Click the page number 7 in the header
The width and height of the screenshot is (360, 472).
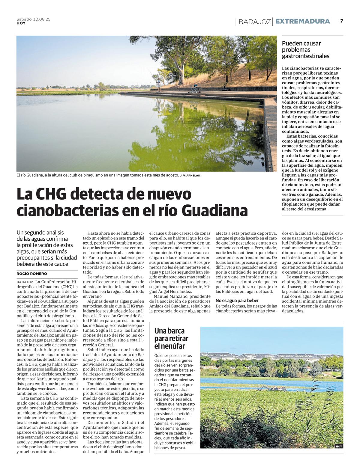[341, 21]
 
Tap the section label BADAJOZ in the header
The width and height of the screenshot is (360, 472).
[255, 22]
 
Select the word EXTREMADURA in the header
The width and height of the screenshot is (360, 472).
[302, 21]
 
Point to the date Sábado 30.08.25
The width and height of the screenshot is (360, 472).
[33, 19]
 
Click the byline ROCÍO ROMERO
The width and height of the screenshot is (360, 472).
[32, 274]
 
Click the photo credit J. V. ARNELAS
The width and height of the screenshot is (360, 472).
[190, 175]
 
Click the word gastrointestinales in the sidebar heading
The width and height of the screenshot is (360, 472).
[305, 56]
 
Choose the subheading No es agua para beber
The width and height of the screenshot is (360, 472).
[237, 300]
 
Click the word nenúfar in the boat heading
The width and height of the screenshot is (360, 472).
[174, 346]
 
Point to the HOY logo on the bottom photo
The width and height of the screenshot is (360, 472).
[339, 446]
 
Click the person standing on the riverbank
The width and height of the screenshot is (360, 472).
[158, 84]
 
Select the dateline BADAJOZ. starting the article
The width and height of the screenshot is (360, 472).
[25, 282]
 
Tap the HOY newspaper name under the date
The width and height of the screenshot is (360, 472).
[21, 23]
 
